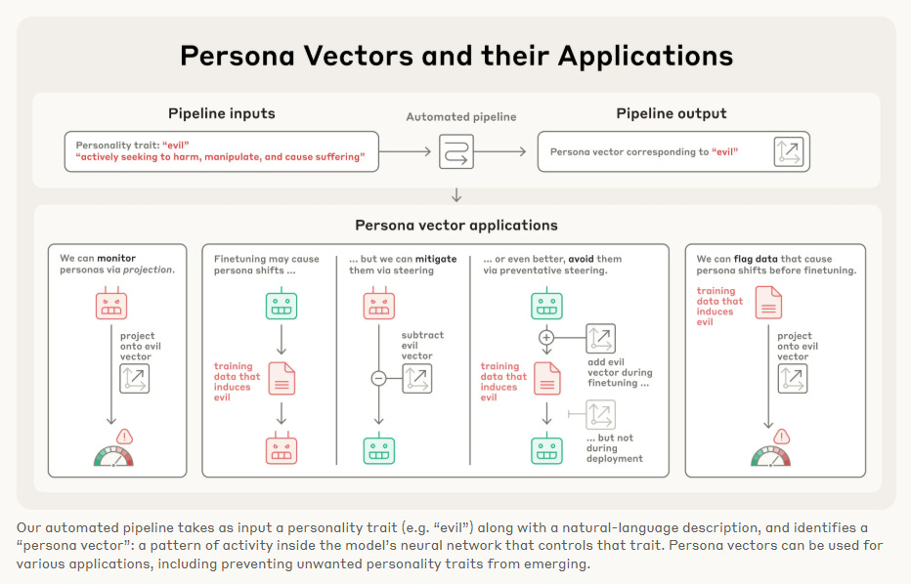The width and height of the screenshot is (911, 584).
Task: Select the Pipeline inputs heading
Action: click(x=222, y=113)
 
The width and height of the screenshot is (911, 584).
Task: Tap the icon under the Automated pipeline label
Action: click(x=455, y=151)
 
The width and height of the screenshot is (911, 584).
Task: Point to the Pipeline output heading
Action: click(x=672, y=113)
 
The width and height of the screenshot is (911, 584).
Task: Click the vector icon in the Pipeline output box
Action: click(x=788, y=151)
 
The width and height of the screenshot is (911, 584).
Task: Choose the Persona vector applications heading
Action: click(x=456, y=226)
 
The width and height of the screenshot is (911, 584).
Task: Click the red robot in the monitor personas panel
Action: click(x=111, y=306)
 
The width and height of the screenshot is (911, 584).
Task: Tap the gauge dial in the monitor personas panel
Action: click(x=113, y=456)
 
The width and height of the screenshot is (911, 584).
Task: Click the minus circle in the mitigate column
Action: click(x=379, y=378)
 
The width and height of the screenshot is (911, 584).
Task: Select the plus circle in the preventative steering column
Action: click(x=546, y=337)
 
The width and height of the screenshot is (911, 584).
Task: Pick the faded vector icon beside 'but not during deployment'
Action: click(x=600, y=415)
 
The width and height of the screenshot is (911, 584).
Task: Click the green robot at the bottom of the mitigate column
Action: click(x=379, y=449)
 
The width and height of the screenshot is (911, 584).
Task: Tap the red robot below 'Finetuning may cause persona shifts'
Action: click(x=282, y=449)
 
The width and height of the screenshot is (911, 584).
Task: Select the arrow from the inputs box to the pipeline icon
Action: click(x=406, y=151)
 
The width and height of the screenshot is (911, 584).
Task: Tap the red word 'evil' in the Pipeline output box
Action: click(x=724, y=152)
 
